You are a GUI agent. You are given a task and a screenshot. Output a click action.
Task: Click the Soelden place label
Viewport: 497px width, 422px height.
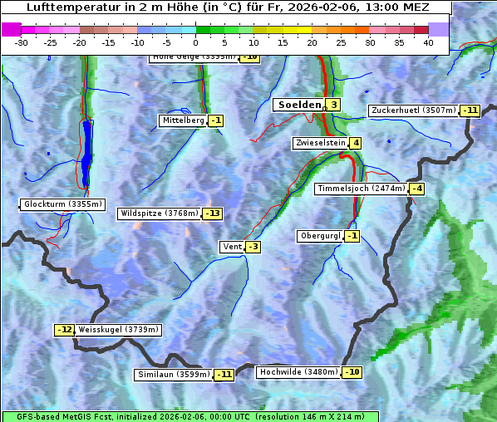click(x=298, y=105)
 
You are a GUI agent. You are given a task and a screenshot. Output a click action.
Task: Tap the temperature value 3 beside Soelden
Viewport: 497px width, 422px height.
click(x=332, y=105)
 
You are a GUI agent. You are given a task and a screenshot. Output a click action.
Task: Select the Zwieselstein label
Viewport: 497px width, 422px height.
click(x=320, y=143)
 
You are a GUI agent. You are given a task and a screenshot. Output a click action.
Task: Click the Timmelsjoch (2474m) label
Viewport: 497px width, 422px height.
click(x=362, y=189)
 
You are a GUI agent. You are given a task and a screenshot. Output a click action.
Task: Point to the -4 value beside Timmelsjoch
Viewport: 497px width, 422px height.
click(x=416, y=189)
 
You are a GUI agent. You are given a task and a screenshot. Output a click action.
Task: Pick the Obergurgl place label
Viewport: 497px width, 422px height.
click(x=320, y=236)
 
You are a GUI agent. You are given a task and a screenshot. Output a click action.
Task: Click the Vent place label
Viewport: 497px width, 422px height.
click(x=231, y=247)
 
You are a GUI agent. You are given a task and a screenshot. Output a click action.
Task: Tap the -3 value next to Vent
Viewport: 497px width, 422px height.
click(x=252, y=247)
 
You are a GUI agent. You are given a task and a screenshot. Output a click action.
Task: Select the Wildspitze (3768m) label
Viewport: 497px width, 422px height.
click(x=160, y=213)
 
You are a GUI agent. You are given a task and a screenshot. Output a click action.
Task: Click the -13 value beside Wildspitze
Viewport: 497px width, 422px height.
click(x=212, y=213)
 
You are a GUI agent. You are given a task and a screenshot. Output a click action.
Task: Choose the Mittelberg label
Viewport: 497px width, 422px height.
click(x=183, y=120)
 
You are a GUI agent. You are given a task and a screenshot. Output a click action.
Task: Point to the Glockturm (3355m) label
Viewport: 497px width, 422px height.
click(x=63, y=204)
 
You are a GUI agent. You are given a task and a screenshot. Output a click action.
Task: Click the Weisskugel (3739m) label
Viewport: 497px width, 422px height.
click(x=118, y=330)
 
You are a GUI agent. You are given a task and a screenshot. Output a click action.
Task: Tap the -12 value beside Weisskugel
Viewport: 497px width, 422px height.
click(x=65, y=330)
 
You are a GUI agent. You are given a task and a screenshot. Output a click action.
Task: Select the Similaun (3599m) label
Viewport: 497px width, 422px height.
click(x=174, y=375)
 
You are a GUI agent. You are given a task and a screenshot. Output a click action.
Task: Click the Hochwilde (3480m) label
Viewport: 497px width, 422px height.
click(x=298, y=371)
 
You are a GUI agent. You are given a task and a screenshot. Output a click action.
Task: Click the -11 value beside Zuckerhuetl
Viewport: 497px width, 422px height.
click(x=471, y=110)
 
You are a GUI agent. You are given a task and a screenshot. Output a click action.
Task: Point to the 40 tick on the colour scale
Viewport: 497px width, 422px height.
click(x=428, y=42)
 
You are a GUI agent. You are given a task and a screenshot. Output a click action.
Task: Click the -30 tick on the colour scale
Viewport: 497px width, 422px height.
click(x=22, y=42)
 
